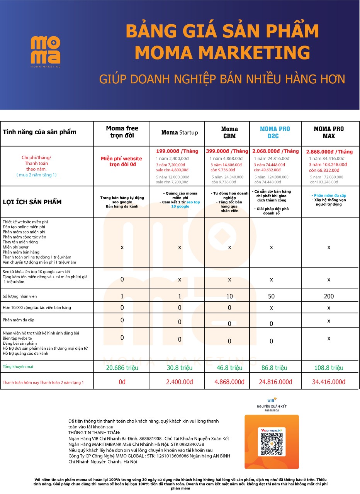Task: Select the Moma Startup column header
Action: pos(180,132)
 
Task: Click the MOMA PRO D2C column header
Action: pos(275,132)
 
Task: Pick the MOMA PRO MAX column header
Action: pos(329,132)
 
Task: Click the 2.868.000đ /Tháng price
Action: pos(329,152)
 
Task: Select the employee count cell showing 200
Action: pos(329,296)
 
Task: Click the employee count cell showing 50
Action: pos(272,296)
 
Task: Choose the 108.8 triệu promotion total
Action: pos(329,368)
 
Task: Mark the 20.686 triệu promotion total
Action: pos(122,368)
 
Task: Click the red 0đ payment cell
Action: pos(122,382)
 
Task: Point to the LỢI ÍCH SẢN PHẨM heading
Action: pos(32,202)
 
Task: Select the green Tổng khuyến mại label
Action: pos(18,367)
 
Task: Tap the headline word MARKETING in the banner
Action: pos(222,52)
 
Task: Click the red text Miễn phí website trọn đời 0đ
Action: pos(121,161)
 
